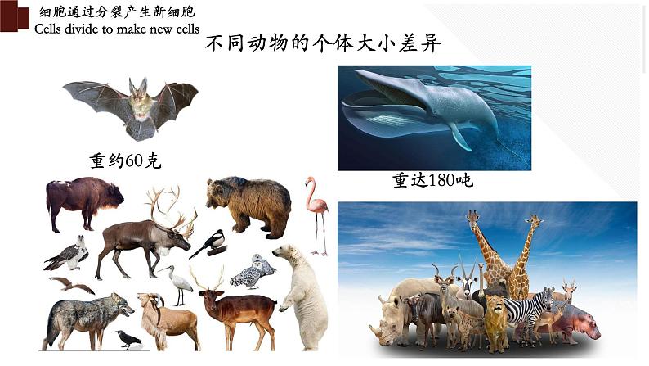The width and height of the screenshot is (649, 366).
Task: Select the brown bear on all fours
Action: click(x=249, y=206)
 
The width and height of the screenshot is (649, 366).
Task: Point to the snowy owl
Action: click(x=253, y=273)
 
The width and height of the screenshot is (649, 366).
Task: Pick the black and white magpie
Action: click(x=211, y=244)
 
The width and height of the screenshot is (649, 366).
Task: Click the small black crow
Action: click(x=128, y=340)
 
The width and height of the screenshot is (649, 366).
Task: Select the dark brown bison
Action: click(x=84, y=202)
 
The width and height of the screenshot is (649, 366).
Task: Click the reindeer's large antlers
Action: click(x=171, y=210)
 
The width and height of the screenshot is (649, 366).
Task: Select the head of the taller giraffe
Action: click(x=472, y=217)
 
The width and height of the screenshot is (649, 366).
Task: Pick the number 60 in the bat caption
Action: click(x=134, y=160)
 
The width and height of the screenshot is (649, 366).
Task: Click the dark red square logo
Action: click(x=15, y=16)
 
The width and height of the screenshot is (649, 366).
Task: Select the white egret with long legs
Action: click(x=179, y=284)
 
